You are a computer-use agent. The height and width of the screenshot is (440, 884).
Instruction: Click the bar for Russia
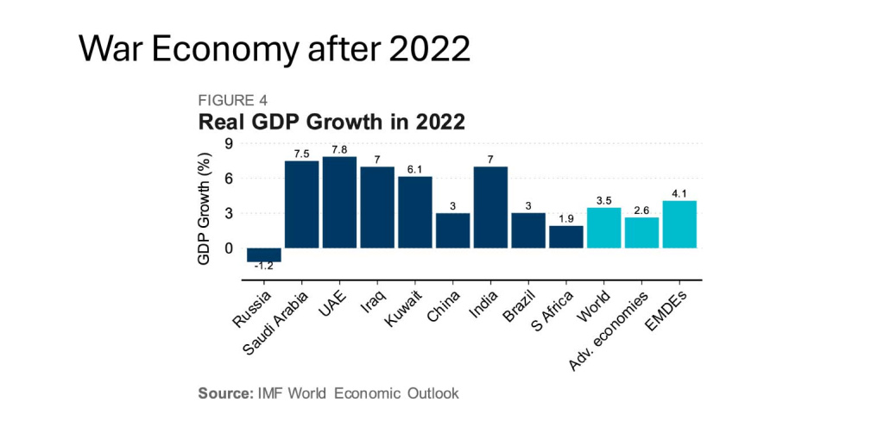[263, 255]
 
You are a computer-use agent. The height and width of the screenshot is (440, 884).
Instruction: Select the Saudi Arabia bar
[301, 204]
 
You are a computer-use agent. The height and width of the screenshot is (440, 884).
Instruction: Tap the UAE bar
[339, 203]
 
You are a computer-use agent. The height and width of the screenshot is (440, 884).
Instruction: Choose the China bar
[452, 230]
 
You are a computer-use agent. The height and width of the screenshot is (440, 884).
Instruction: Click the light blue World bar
[603, 228]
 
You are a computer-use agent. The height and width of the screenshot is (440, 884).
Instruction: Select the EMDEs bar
[679, 224]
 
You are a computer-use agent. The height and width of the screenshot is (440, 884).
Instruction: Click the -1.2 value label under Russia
[263, 267]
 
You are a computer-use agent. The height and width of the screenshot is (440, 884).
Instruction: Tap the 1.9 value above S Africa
[565, 219]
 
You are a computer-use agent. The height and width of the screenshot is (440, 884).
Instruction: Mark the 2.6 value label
[641, 211]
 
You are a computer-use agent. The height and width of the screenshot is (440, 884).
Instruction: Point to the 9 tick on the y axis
[229, 143]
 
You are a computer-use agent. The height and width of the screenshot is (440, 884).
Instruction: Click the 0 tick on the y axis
[229, 248]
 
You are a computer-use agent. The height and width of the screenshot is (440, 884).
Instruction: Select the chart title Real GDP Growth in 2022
[331, 122]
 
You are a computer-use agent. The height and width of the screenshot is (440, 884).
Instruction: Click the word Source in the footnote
[224, 393]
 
